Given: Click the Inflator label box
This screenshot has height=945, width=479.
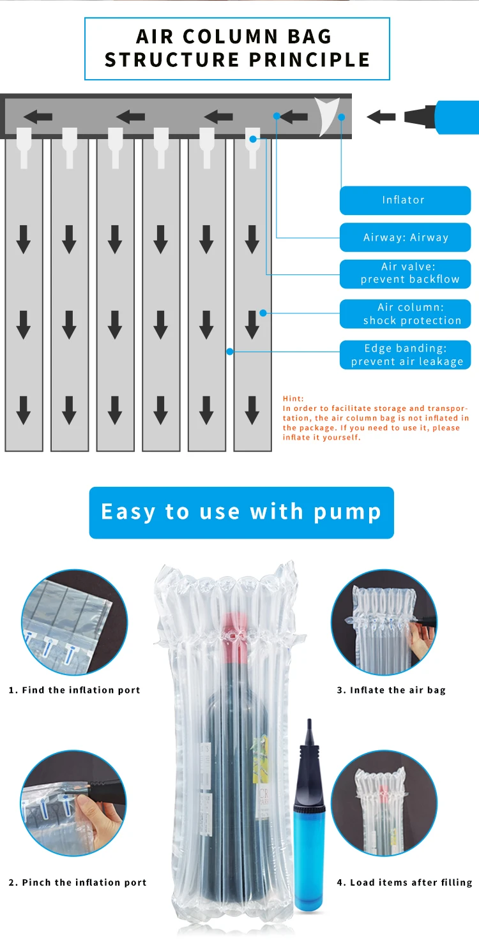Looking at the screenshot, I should pyautogui.click(x=405, y=200).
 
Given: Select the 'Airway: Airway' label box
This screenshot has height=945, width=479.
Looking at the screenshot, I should pyautogui.click(x=405, y=237).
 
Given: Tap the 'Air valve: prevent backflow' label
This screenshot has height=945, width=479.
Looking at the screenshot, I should pyautogui.click(x=405, y=273).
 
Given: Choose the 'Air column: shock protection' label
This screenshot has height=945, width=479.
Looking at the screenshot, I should pyautogui.click(x=405, y=314).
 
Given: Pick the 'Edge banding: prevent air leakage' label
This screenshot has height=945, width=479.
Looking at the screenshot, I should pyautogui.click(x=405, y=355).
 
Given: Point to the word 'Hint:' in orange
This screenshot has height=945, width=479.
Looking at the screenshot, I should pyautogui.click(x=294, y=398).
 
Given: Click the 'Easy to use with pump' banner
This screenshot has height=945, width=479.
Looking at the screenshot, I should pyautogui.click(x=241, y=512).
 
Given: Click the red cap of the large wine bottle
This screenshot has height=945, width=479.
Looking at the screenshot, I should pyautogui.click(x=234, y=632).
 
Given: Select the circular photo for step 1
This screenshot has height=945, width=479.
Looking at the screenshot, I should pyautogui.click(x=75, y=622).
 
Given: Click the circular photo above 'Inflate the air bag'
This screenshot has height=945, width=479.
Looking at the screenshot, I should pyautogui.click(x=383, y=622).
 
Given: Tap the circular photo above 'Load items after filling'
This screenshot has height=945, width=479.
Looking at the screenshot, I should pyautogui.click(x=384, y=803).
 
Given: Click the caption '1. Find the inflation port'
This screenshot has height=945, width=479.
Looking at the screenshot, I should pyautogui.click(x=74, y=690).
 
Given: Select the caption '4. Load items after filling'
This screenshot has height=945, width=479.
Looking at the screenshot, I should pyautogui.click(x=404, y=882).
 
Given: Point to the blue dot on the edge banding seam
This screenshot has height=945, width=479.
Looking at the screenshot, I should pyautogui.click(x=230, y=351).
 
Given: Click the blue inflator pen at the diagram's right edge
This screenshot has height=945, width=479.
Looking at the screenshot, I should pyautogui.click(x=447, y=117).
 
